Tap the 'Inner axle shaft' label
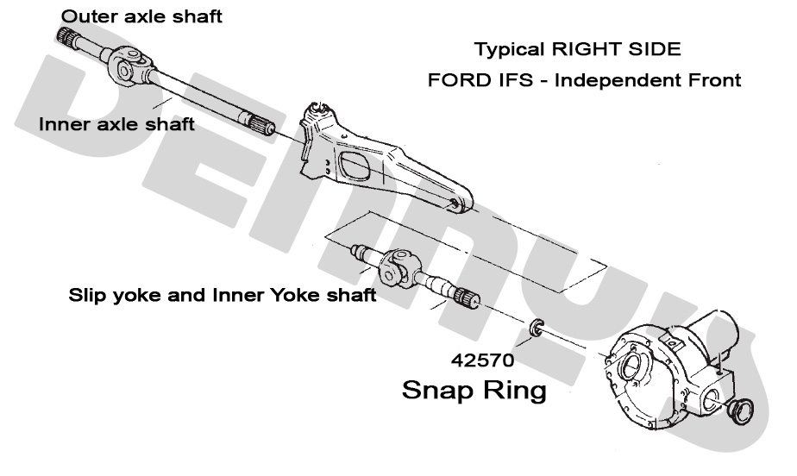(116, 125)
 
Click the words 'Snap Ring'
(474, 390)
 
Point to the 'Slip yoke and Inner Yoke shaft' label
(222, 296)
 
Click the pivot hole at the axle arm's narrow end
(455, 204)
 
